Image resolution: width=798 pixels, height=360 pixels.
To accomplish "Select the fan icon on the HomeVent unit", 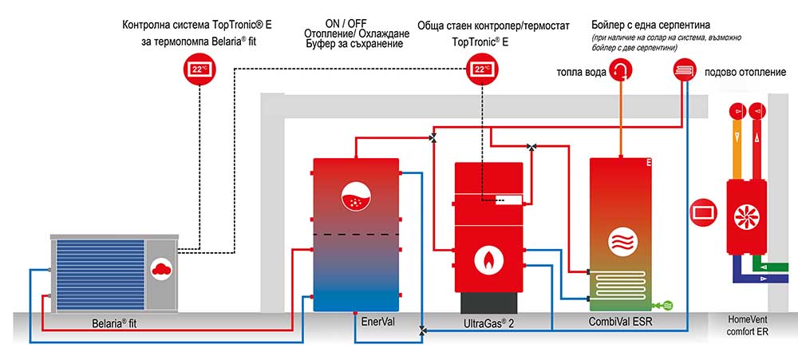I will (745, 216).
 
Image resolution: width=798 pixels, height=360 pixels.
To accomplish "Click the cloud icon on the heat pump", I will (162, 268).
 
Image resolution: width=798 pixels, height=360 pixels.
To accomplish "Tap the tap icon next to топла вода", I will (620, 72).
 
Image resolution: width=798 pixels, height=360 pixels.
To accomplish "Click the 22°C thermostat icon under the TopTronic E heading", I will (481, 69).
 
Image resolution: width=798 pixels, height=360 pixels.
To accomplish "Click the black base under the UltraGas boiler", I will (488, 303).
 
